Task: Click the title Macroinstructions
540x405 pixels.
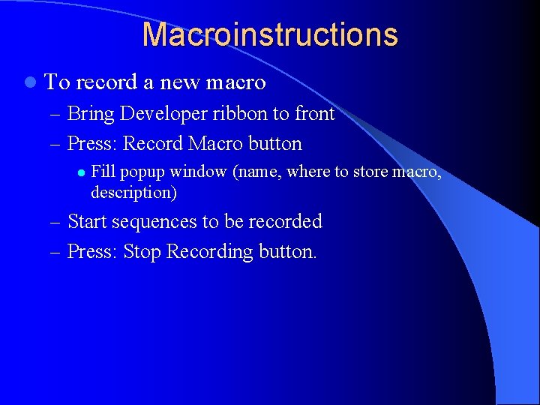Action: coord(270,34)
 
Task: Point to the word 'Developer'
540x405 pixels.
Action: coord(157,115)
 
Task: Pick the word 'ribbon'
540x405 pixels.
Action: coord(236,114)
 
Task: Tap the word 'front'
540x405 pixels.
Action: coord(314,114)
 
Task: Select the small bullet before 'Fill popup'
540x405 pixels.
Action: coord(79,172)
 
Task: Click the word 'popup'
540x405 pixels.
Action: coord(142,172)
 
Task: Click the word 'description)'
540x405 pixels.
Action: coord(133,192)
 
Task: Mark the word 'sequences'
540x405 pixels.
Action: coord(154,223)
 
